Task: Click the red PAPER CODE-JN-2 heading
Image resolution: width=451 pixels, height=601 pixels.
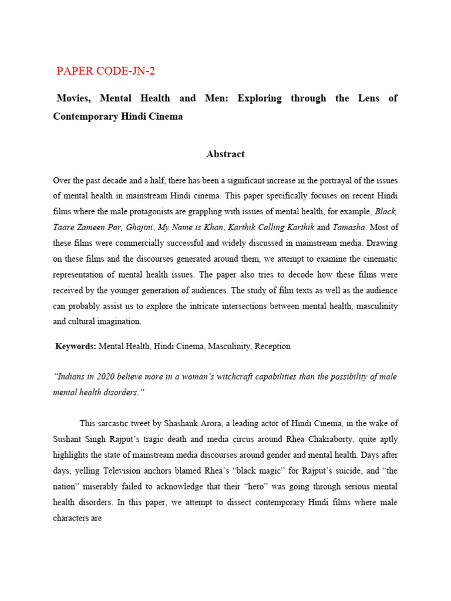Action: [x=106, y=71]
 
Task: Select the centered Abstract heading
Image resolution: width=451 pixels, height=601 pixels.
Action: [x=225, y=154]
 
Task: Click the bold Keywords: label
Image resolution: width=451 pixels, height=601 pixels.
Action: [x=76, y=346]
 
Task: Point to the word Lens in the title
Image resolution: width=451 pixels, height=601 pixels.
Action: [x=368, y=98]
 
